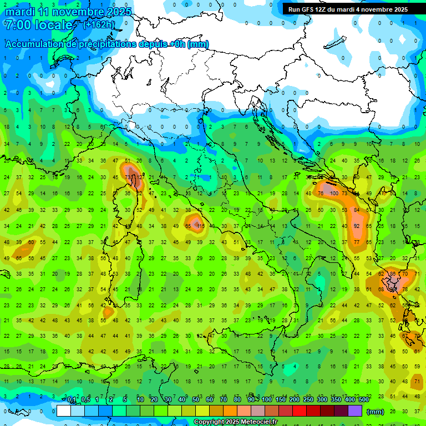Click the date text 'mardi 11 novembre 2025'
click(x=68, y=12)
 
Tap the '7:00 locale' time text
click(x=38, y=25)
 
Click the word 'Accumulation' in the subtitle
click(x=33, y=44)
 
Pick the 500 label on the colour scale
click(x=363, y=400)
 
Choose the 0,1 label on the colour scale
click(x=72, y=400)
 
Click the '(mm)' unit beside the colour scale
click(x=376, y=412)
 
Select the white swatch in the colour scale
click(x=64, y=411)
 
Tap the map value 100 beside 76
click(x=333, y=193)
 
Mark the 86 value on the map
click(x=393, y=274)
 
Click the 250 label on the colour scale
click(x=307, y=400)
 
